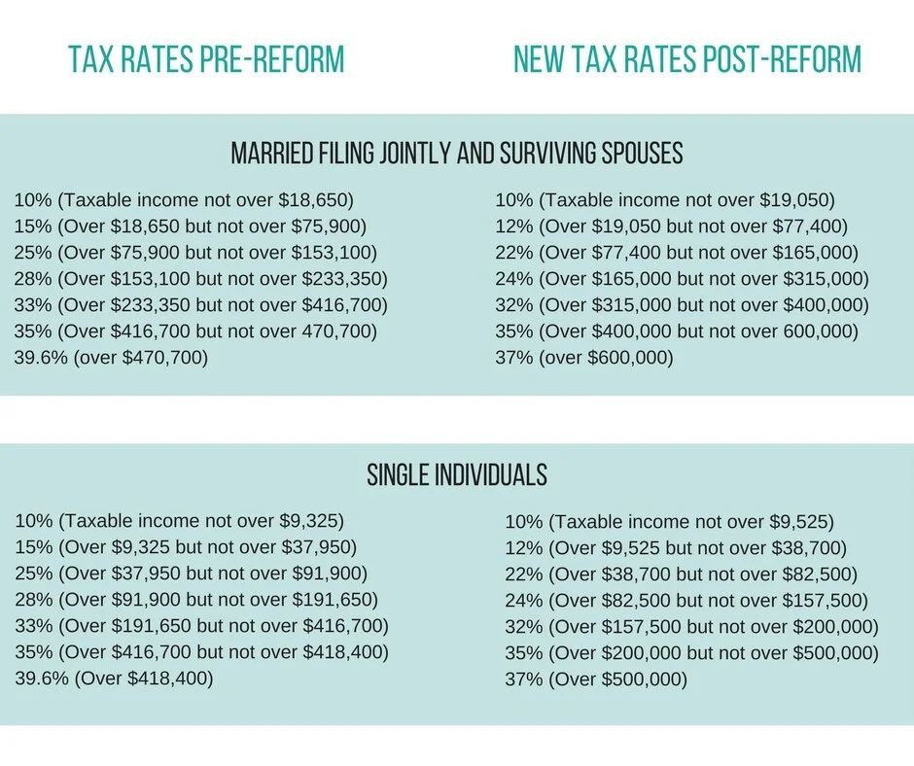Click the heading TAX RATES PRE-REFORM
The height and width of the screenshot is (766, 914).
pyautogui.click(x=206, y=60)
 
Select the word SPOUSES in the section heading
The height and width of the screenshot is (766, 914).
pyautogui.click(x=633, y=154)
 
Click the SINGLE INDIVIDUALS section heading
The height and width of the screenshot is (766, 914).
pyautogui.click(x=457, y=475)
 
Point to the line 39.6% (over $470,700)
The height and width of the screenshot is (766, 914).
pyautogui.click(x=111, y=358)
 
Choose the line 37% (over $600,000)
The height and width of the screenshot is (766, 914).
pyautogui.click(x=583, y=358)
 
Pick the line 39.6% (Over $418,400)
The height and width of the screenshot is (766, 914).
pyautogui.click(x=114, y=678)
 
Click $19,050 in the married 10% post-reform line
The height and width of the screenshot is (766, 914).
pyautogui.click(x=795, y=201)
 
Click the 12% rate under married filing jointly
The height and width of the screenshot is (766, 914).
pyautogui.click(x=512, y=227)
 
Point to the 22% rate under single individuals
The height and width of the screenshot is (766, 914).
pyautogui.click(x=522, y=574)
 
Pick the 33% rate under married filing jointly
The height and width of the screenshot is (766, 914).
pyautogui.click(x=31, y=305)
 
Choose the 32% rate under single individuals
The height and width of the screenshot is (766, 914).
pyautogui.click(x=522, y=626)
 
